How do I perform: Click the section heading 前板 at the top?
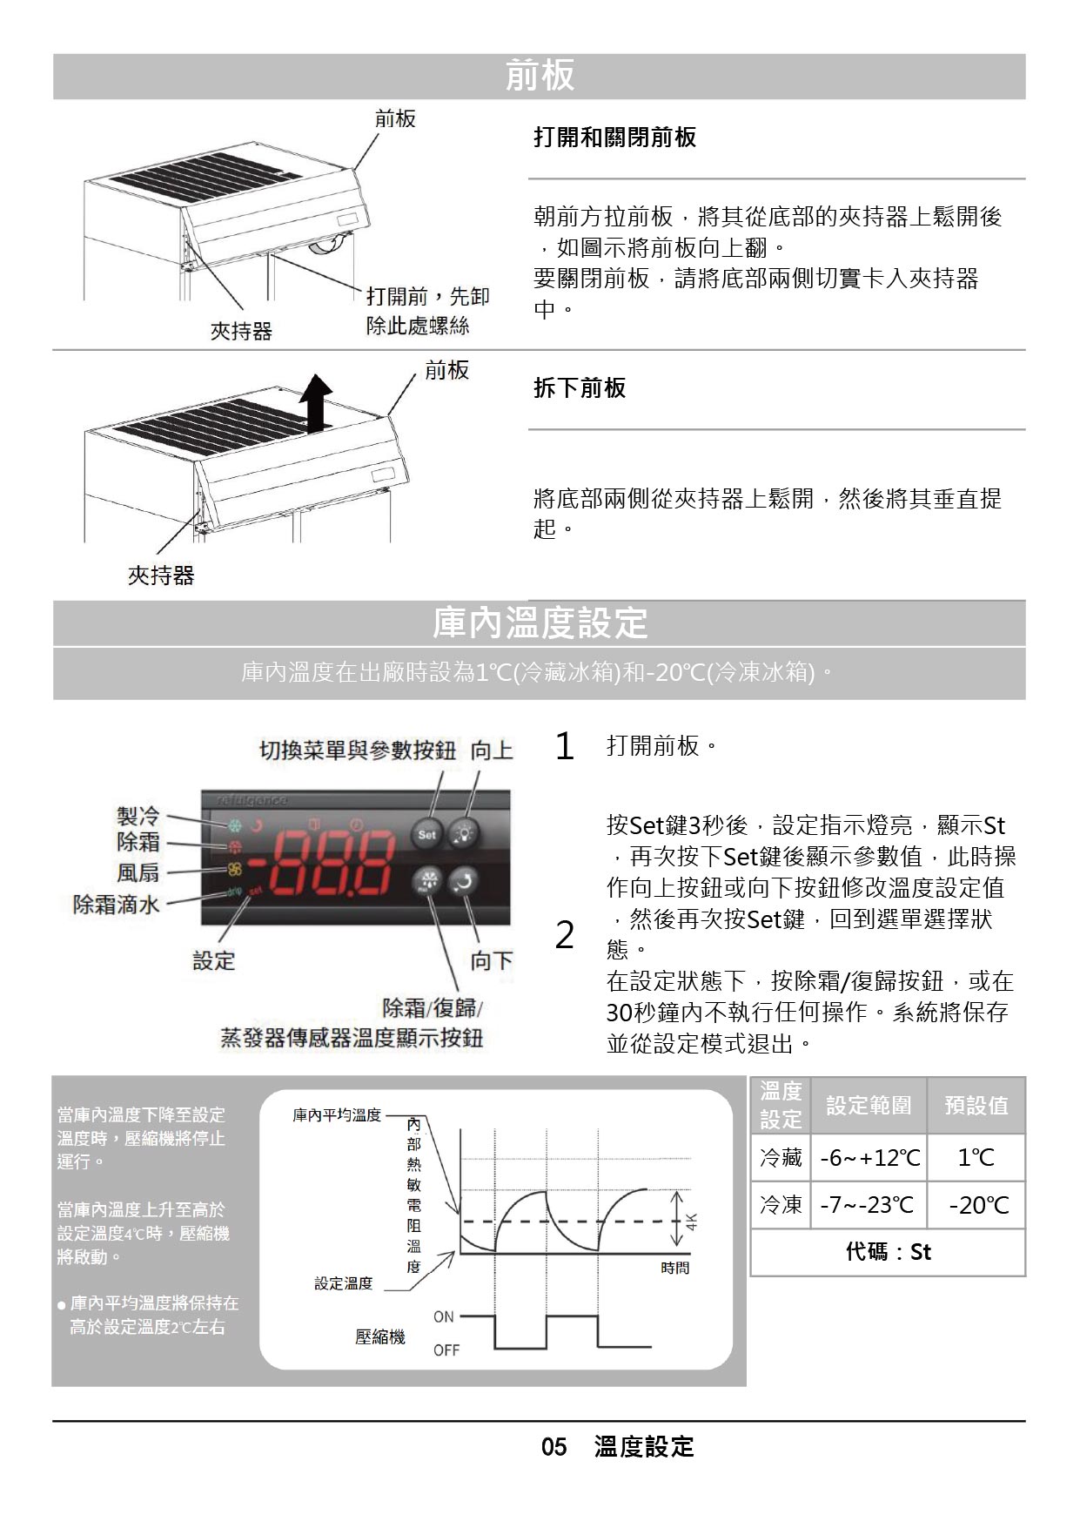point(540,76)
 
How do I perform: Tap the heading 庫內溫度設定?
point(540,623)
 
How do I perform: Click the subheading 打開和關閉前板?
point(614,138)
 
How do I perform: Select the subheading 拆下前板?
point(580,388)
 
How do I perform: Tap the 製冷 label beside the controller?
point(138,816)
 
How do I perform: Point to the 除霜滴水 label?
point(117,905)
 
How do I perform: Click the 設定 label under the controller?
point(214,961)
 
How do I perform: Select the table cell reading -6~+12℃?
point(869,1157)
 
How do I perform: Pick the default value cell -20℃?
point(977,1205)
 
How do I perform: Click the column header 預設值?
point(976,1105)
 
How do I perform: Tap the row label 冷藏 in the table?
point(781,1157)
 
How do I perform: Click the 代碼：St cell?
point(889,1252)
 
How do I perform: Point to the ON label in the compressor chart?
point(444,1317)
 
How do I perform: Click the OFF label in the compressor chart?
point(446,1350)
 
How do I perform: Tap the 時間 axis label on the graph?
point(675,1269)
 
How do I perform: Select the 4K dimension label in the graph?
point(692,1221)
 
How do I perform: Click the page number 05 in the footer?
point(553,1447)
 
